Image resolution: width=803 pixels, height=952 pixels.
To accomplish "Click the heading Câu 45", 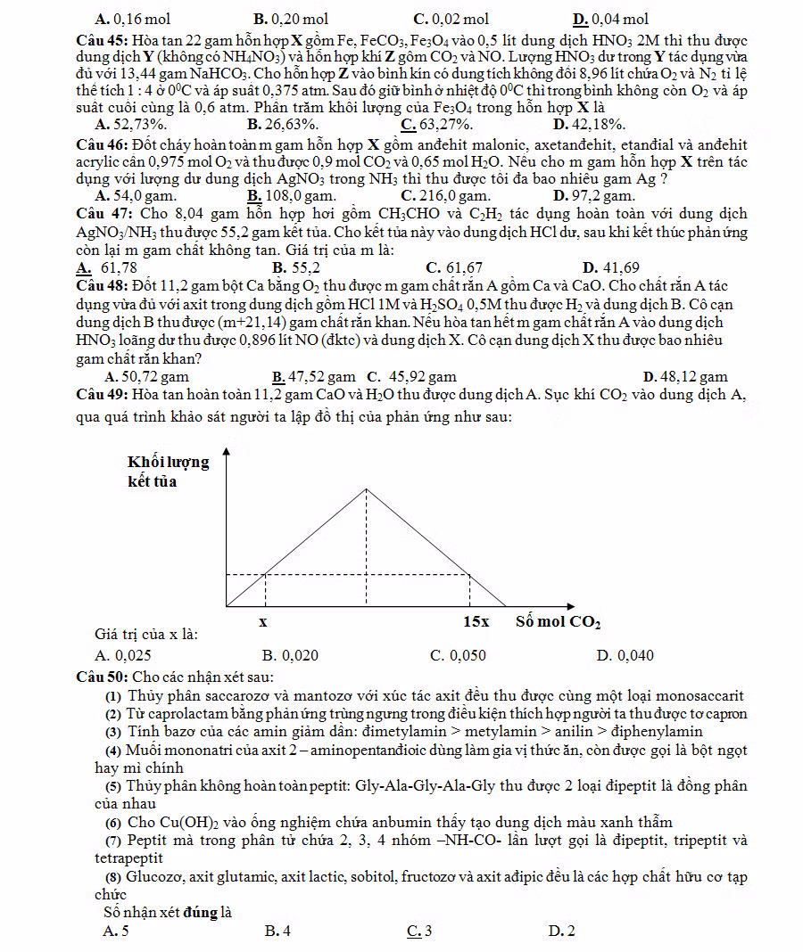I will pos(103,40).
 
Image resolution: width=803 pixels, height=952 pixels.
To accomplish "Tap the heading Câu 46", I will pos(103,145).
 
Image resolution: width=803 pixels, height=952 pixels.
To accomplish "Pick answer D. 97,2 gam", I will pos(594,195).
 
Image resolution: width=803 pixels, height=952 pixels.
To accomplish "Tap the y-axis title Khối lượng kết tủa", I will pos(168,472).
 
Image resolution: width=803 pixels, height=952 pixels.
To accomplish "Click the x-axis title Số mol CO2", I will pos(558,621).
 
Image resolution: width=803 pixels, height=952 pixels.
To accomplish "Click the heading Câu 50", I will pos(103,677).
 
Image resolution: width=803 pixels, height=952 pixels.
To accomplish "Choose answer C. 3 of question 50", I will pos(418,931).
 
